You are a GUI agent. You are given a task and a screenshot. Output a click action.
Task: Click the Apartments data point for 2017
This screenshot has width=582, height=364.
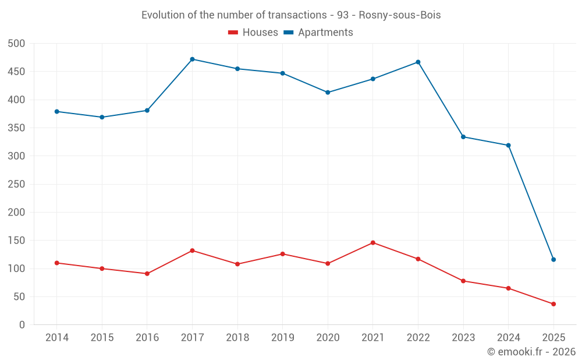tap(192, 59)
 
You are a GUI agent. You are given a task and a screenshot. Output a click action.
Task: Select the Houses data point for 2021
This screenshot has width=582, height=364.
tap(373, 243)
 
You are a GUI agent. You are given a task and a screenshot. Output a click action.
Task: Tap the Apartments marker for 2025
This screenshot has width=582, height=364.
tap(553, 260)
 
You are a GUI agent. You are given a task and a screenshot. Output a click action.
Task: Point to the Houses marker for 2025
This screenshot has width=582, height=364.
tap(553, 304)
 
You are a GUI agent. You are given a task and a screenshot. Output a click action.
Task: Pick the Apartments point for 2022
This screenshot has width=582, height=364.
tap(418, 62)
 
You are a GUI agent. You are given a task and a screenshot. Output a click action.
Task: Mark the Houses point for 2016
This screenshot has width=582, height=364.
tap(147, 274)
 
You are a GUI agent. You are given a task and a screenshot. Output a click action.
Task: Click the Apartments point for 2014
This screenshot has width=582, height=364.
tap(57, 111)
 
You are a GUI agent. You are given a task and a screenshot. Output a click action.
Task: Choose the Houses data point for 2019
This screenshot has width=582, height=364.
tap(283, 254)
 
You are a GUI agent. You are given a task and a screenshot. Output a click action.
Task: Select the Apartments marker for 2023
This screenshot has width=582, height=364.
tap(463, 137)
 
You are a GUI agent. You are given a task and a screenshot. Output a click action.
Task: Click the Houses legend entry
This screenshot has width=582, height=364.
tap(253, 33)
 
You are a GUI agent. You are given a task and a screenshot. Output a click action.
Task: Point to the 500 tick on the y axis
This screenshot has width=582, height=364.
tap(17, 44)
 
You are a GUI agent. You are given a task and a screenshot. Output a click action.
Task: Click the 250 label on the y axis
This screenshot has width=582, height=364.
tap(17, 185)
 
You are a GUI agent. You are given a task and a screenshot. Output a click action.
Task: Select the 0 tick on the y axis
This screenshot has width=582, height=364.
tap(22, 325)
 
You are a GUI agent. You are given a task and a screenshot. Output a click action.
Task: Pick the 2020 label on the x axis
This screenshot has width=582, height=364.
tap(328, 338)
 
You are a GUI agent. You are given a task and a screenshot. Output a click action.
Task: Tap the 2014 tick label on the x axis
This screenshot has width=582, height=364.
tap(57, 338)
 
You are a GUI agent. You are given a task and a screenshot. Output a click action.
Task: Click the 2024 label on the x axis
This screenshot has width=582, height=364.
tap(508, 338)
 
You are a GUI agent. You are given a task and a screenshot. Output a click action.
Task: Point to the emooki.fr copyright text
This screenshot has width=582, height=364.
tap(531, 352)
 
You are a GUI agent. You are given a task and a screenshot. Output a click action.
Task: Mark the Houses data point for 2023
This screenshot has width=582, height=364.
tap(463, 281)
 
